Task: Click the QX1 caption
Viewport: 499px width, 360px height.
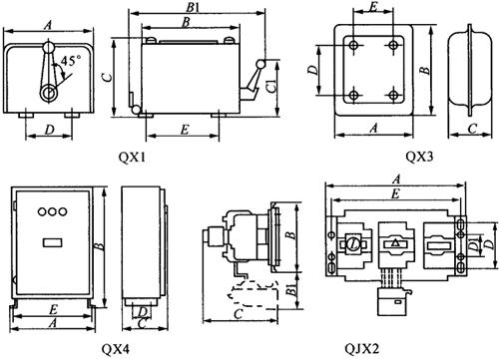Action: [x=132, y=157]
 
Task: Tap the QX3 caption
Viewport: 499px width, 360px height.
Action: [x=419, y=157]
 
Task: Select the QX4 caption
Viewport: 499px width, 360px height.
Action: [x=116, y=349]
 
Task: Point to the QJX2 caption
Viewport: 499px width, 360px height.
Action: [x=362, y=349]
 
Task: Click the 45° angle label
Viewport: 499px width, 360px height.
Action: [x=71, y=61]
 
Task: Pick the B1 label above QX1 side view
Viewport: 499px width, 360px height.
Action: [x=193, y=7]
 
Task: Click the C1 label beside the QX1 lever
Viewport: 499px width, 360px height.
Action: [x=271, y=87]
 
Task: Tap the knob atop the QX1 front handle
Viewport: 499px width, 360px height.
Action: [x=49, y=47]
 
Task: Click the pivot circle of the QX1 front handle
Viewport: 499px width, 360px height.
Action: [x=49, y=94]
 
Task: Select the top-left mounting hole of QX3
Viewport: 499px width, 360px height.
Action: [x=353, y=45]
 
